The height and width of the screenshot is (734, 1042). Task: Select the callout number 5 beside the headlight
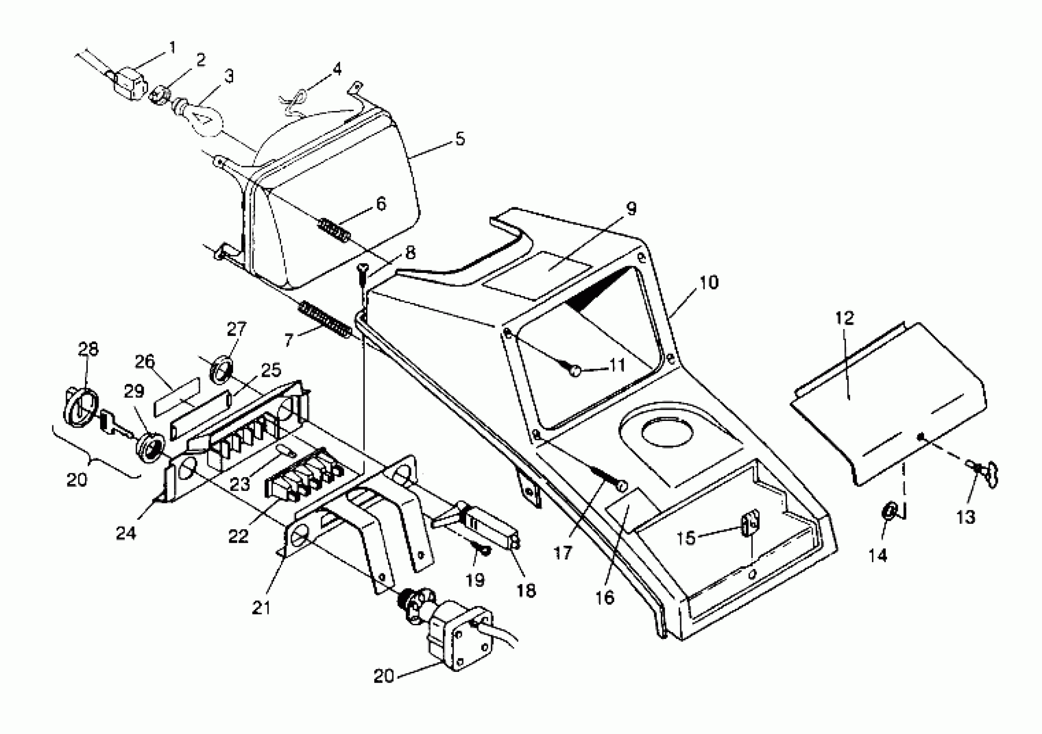coord(460,139)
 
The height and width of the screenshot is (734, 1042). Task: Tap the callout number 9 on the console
coord(631,209)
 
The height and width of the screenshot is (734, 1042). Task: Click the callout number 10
coord(709,282)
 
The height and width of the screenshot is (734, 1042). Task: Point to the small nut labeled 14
coord(889,512)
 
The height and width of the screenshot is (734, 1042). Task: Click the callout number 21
coord(261,607)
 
